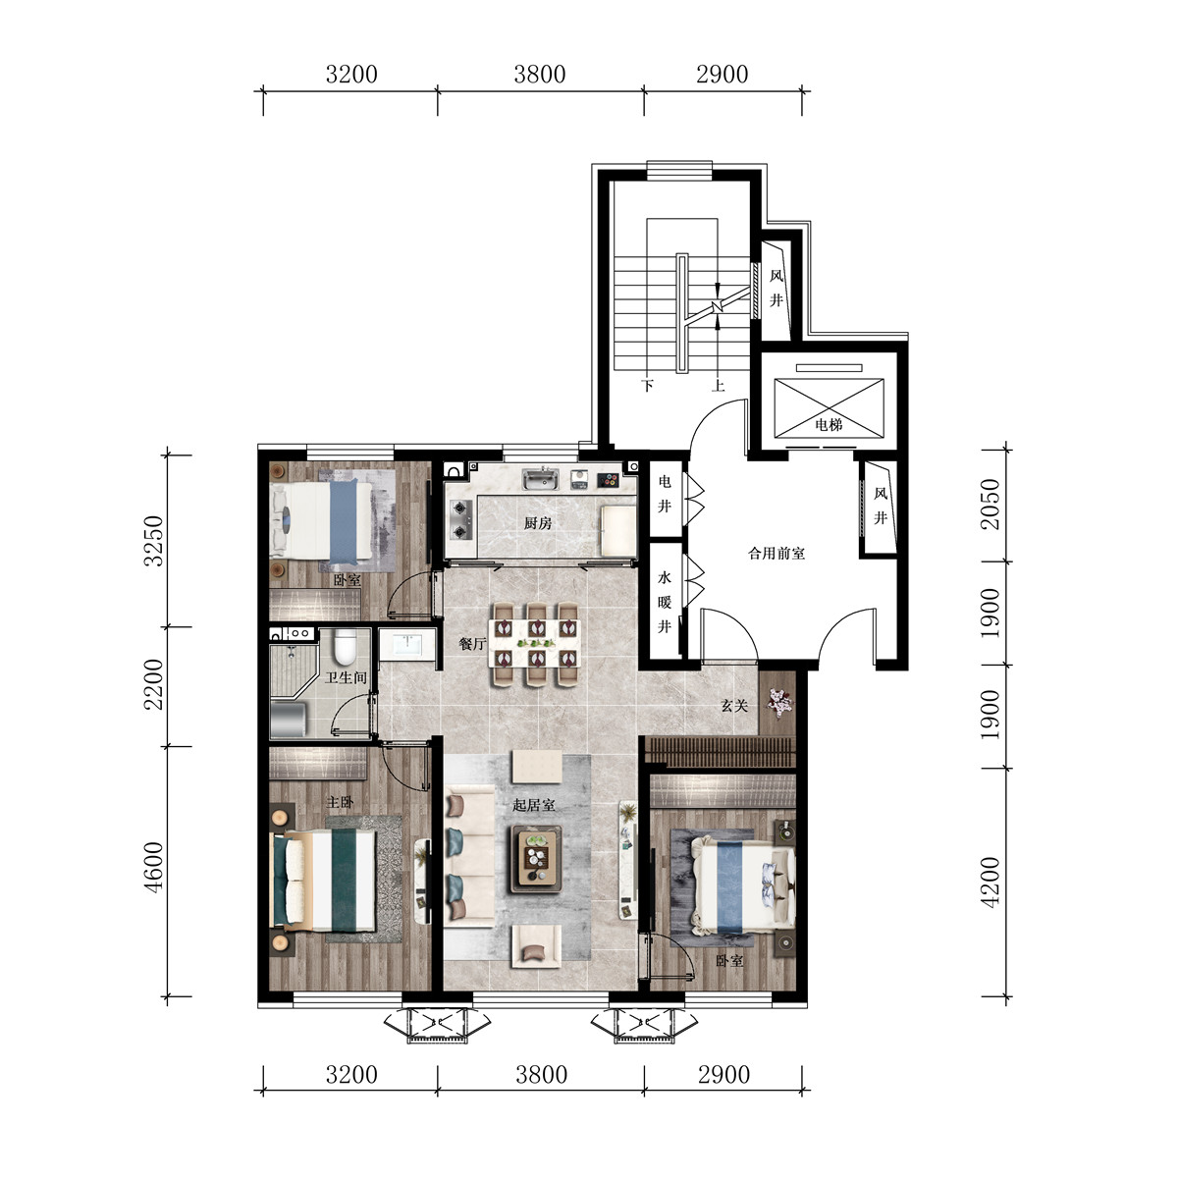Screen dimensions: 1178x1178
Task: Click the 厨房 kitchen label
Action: pos(538,523)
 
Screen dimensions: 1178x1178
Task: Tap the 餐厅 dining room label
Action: pos(472,644)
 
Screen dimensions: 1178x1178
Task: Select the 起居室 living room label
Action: pos(534,805)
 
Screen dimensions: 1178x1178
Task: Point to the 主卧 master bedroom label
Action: pos(340,802)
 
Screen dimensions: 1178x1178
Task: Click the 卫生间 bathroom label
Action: pos(346,678)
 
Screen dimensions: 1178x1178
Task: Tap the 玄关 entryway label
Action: pos(734,706)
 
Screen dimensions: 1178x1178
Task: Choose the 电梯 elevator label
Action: pos(829,424)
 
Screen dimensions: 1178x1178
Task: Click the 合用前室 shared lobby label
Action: pos(776,554)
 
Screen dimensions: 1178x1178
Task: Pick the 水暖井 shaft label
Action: pos(665,602)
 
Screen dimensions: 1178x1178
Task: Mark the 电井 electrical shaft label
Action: pos(665,494)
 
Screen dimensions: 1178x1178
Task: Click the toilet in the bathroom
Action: pos(346,647)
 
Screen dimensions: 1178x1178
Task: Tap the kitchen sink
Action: pos(540,479)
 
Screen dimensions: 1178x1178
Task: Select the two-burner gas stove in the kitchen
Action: pos(461,519)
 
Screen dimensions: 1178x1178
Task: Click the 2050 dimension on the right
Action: pos(990,504)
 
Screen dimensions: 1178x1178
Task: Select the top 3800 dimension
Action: pos(539,75)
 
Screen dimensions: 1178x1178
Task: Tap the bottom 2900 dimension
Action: pos(723,1075)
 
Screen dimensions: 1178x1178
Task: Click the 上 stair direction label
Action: pos(719,385)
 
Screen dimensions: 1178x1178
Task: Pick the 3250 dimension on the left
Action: pos(155,541)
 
